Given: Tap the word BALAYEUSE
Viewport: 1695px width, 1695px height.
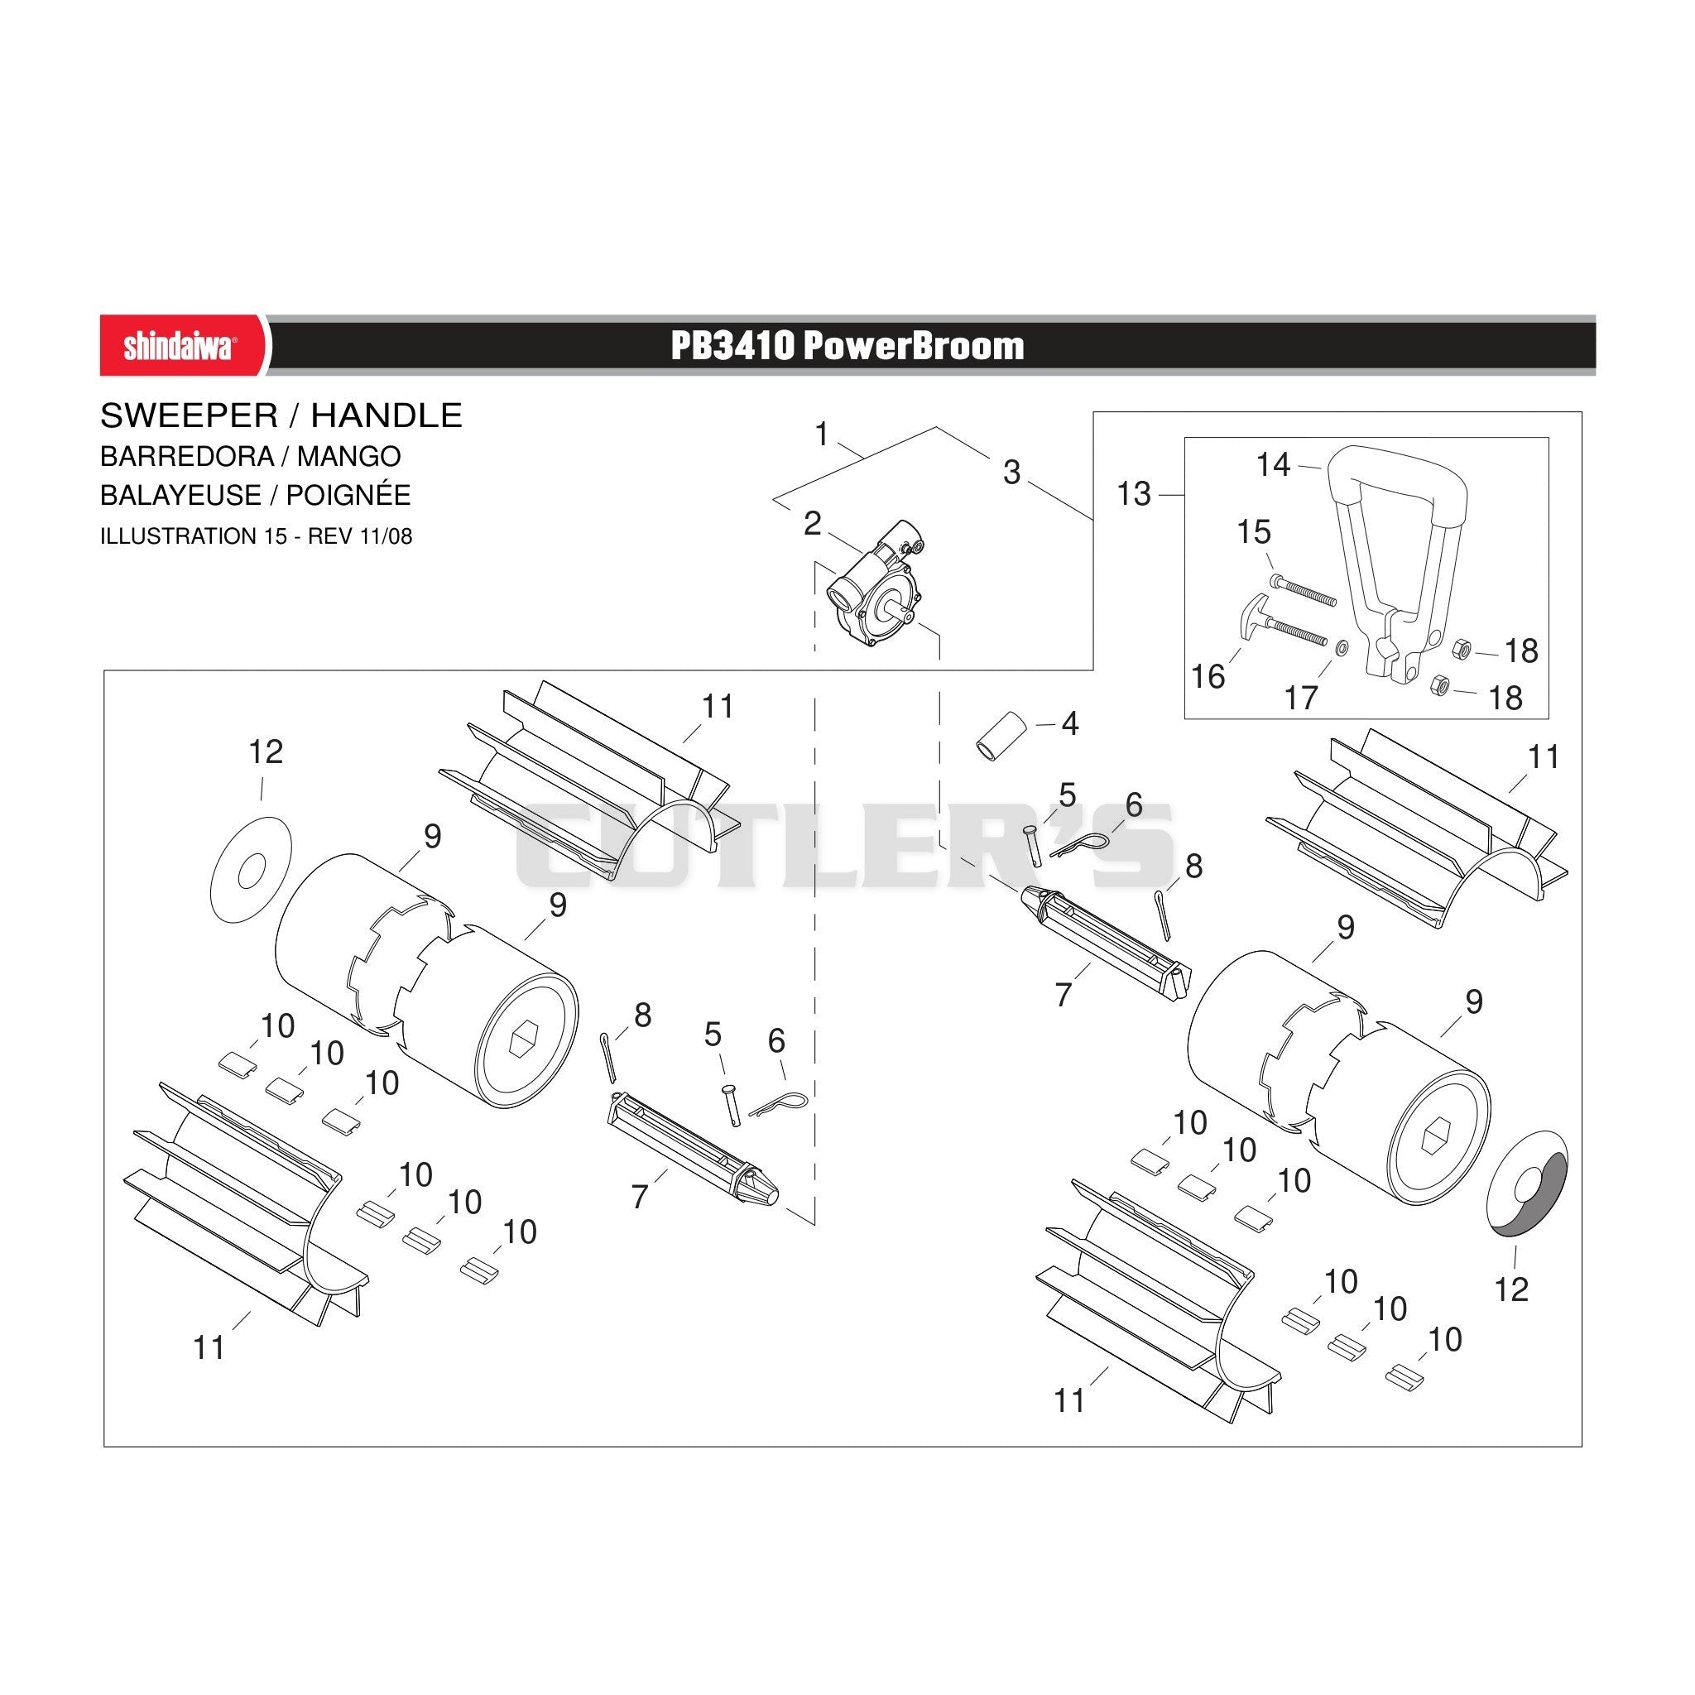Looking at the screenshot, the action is point(180,496).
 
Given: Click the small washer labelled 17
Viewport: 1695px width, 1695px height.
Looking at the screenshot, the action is point(1342,647).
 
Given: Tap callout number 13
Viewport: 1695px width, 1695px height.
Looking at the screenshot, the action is point(1134,494).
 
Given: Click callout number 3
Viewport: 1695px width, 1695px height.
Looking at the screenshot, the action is point(1012,473).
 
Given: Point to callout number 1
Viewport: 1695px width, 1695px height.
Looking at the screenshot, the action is point(822,435).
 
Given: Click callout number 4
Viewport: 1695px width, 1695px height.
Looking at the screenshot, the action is point(1070,724).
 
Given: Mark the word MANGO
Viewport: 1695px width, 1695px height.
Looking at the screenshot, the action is point(349,457).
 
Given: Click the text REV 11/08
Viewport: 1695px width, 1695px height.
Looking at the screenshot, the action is point(360,536).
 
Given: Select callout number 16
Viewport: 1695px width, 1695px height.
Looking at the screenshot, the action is point(1208,676).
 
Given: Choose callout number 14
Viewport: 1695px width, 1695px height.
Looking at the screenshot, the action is point(1274,465).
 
